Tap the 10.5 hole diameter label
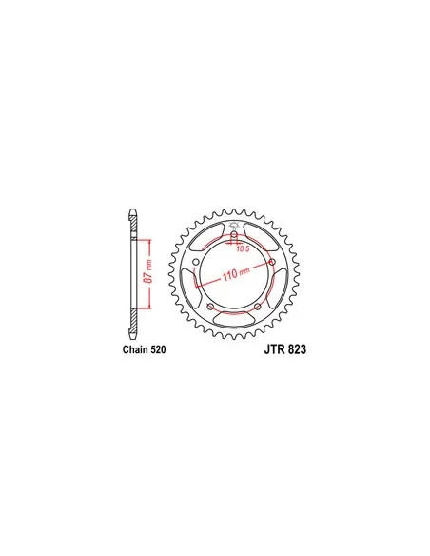pos(241,249)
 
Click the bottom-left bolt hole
pos(209,305)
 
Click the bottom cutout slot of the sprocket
pos(233,318)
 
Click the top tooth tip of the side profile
pos(133,210)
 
